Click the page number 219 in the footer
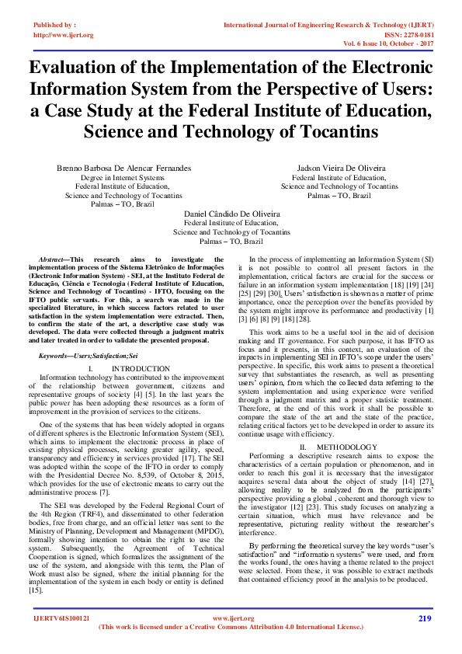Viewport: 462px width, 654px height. pos(424,618)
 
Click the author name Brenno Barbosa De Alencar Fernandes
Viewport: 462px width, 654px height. pos(123,168)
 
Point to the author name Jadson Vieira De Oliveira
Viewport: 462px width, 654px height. pos(339,168)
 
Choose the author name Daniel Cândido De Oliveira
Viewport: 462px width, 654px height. pos(231,213)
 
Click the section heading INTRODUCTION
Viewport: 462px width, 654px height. pos(140,368)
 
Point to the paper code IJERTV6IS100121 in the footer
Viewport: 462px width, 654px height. pos(62,618)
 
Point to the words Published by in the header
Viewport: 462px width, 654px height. pos(54,26)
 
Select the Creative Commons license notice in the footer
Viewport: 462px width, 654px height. pos(231,627)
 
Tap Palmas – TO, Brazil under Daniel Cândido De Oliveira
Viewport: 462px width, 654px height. pos(231,241)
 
